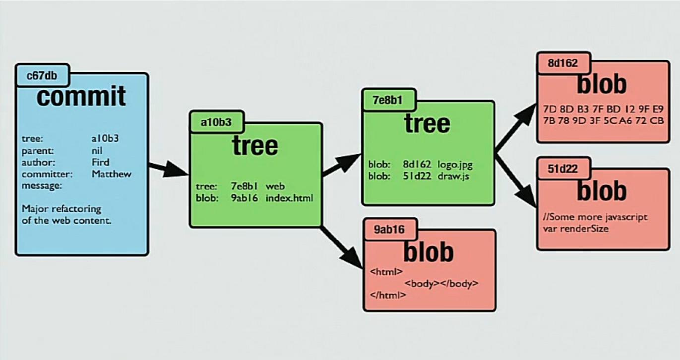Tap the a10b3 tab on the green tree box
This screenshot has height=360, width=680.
pyautogui.click(x=216, y=122)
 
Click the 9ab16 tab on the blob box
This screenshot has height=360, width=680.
pyautogui.click(x=389, y=229)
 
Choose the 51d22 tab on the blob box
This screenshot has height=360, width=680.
pyautogui.click(x=563, y=169)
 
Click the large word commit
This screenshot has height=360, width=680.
pyautogui.click(x=81, y=96)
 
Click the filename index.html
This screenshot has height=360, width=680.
pyautogui.click(x=290, y=198)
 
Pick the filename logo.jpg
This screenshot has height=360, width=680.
pyautogui.click(x=455, y=164)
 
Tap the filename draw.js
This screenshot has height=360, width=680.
pyautogui.click(x=453, y=176)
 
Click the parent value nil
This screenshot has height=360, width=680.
pyautogui.click(x=97, y=150)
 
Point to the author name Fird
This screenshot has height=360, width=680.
pyautogui.click(x=101, y=162)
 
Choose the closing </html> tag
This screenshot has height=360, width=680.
pyautogui.click(x=388, y=295)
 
